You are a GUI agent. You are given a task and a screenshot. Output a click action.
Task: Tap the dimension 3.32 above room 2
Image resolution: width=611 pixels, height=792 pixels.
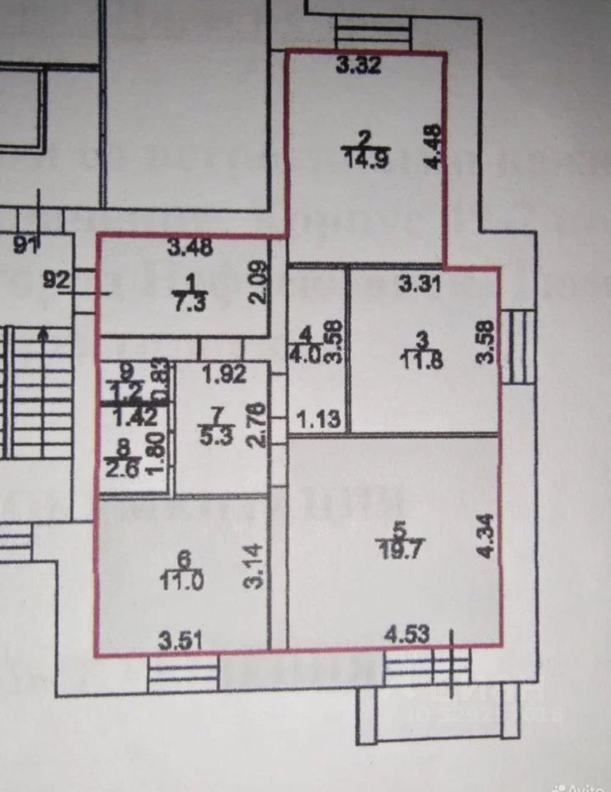point(358,68)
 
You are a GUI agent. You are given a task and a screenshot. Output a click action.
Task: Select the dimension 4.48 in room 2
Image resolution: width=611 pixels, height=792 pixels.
point(432,146)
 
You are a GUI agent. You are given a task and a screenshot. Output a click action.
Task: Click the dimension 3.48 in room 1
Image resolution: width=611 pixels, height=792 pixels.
point(185,245)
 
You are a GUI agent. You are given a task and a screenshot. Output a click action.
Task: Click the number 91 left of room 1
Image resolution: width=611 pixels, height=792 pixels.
point(27,244)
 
